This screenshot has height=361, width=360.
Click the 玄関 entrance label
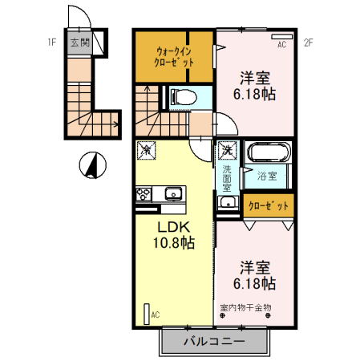point(80,43)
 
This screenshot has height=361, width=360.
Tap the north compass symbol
point(93,165)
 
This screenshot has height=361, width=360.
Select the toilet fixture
point(184,97)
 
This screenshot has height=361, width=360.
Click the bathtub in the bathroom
point(269,152)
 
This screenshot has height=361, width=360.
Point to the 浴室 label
point(267,176)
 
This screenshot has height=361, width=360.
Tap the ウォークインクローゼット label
point(174,57)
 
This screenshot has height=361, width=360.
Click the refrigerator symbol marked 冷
point(146,150)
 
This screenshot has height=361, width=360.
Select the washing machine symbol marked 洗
point(228,150)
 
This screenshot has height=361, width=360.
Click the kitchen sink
point(173,193)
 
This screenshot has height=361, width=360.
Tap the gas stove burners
point(144,194)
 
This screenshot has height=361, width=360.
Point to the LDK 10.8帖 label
point(174,235)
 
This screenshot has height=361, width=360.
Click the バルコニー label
point(214,341)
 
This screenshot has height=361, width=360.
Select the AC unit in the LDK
point(147,314)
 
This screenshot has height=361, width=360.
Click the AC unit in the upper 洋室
point(282,37)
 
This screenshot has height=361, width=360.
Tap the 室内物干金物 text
point(245,307)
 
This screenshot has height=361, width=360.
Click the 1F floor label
point(52,43)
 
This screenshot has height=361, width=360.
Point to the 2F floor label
point(309,43)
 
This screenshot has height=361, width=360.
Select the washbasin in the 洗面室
point(228,202)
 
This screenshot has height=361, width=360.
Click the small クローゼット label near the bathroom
point(269,206)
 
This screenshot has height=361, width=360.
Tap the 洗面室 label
point(227,178)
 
